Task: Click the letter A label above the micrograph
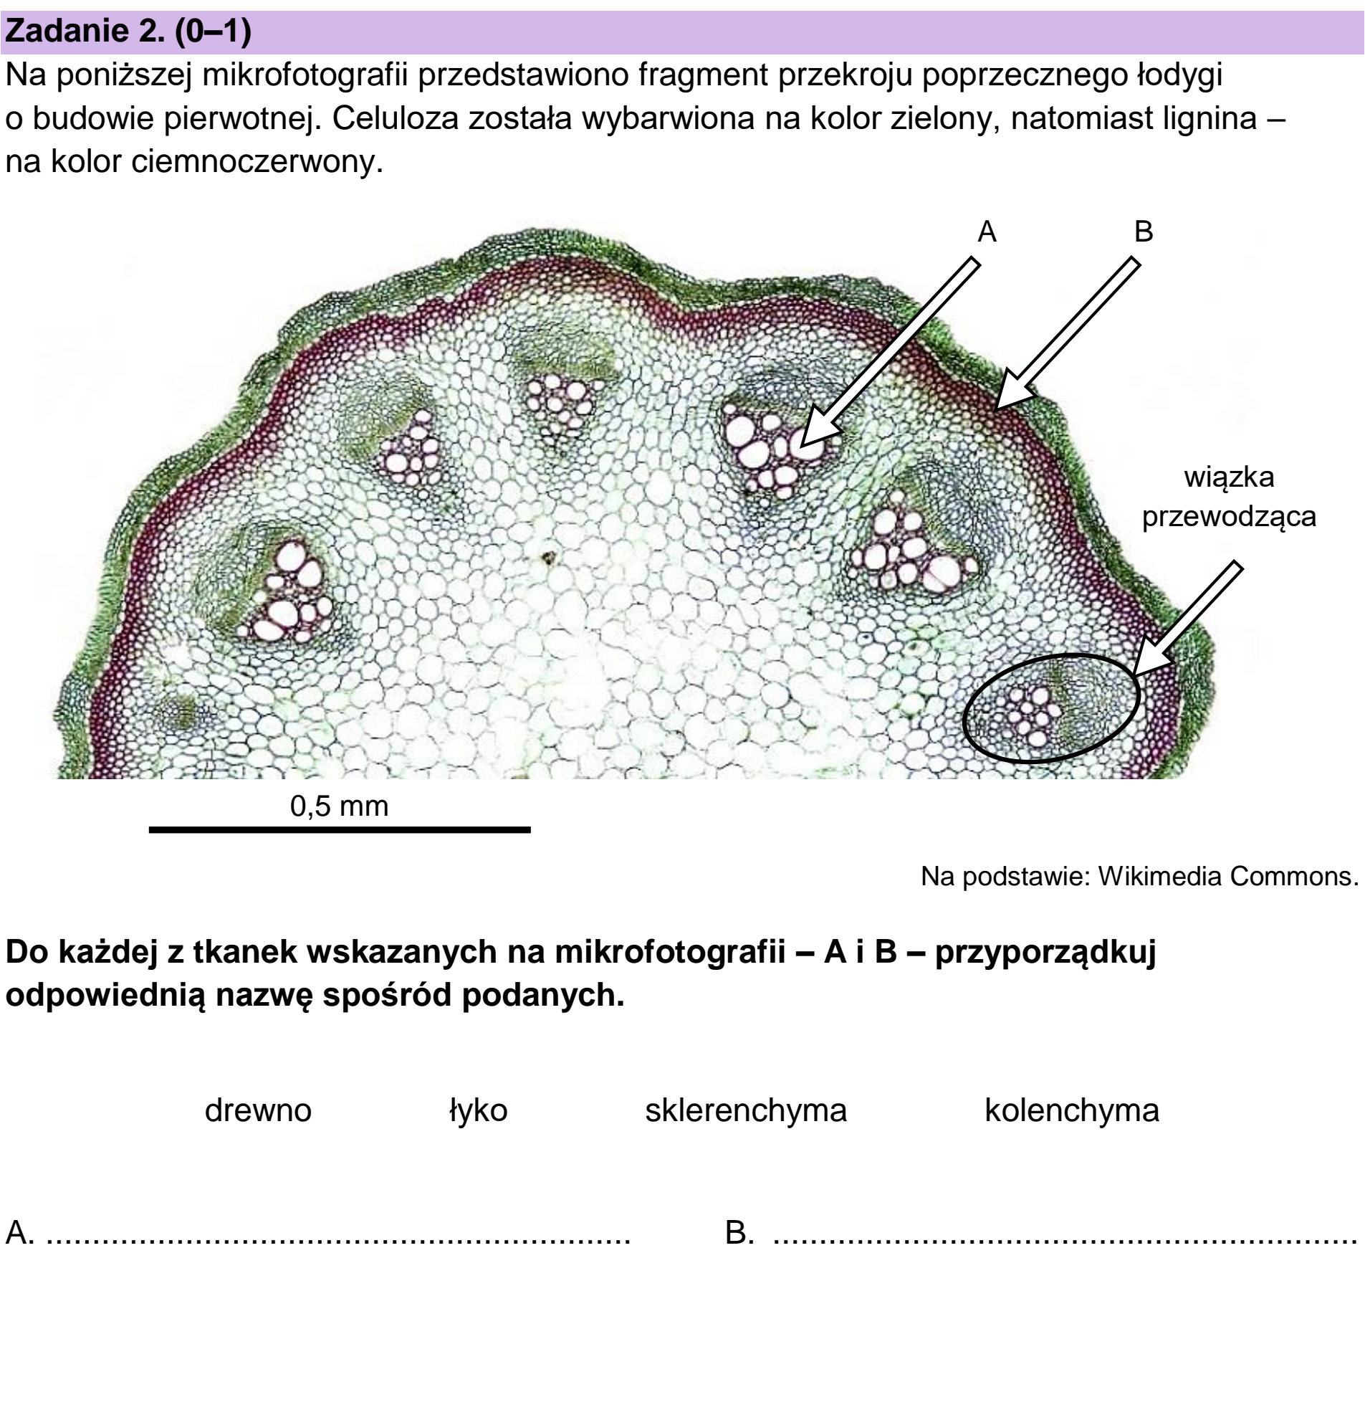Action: (x=987, y=232)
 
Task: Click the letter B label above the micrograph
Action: (x=1143, y=232)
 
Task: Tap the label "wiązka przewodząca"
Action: (x=1228, y=496)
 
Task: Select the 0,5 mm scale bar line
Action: (x=340, y=829)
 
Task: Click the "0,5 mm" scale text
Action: (x=339, y=806)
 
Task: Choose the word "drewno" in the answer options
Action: (x=257, y=1110)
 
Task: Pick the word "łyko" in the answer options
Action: (x=478, y=1110)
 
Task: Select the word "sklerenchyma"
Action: (x=746, y=1110)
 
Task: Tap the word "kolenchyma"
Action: (x=1071, y=1110)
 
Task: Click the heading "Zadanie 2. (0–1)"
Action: (x=128, y=32)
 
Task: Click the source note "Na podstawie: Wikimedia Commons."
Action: (x=1139, y=875)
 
